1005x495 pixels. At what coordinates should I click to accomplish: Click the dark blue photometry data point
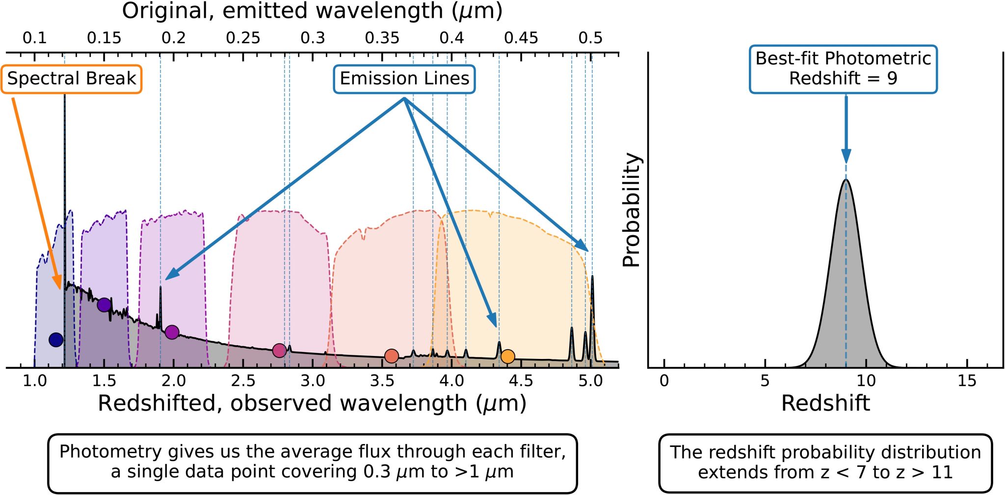tap(56, 339)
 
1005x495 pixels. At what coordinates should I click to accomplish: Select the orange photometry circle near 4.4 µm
tap(508, 357)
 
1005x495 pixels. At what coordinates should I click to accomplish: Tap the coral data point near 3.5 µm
tap(391, 356)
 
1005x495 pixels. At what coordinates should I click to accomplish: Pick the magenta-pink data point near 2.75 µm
tap(279, 350)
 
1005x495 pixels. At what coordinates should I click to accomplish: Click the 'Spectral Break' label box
tap(72, 79)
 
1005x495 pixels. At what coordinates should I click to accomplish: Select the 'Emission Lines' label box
tap(404, 79)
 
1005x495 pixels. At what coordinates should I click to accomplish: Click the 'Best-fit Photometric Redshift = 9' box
tap(843, 69)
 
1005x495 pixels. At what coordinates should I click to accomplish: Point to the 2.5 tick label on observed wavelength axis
tap(243, 381)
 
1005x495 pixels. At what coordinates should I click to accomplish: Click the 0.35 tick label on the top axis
tap(382, 38)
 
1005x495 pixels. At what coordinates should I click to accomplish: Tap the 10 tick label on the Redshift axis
tap(866, 381)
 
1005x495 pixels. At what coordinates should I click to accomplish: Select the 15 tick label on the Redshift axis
tap(967, 381)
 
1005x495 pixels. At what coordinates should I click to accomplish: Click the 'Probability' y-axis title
tap(632, 210)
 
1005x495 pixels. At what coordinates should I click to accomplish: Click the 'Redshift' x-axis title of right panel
tap(825, 403)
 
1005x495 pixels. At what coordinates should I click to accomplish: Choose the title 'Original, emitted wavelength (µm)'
tap(312, 11)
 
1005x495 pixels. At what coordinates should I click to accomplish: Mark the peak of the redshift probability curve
tap(846, 180)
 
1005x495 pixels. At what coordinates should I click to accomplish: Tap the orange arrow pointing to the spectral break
tap(37, 192)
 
